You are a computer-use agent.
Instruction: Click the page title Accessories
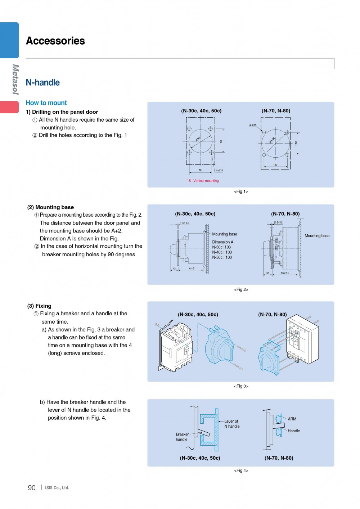55,41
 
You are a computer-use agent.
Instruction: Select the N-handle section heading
43,82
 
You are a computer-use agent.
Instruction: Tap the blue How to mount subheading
46,103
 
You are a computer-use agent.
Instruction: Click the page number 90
32,488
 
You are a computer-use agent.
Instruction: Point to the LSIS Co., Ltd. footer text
57,488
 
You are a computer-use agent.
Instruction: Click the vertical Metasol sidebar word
15,79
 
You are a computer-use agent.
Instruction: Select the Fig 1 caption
241,192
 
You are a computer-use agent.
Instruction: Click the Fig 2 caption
241,289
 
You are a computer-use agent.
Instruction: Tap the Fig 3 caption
241,386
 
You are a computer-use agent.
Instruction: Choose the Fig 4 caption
241,470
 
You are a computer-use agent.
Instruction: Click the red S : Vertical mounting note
203,181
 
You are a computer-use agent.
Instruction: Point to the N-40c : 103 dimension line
222,252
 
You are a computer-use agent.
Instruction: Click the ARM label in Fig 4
292,419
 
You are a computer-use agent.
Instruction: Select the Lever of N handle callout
232,424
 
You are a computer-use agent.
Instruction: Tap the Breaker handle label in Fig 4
182,437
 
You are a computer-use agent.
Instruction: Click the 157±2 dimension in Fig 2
285,273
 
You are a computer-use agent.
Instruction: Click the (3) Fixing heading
39,306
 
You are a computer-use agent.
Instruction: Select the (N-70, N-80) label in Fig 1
276,111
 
